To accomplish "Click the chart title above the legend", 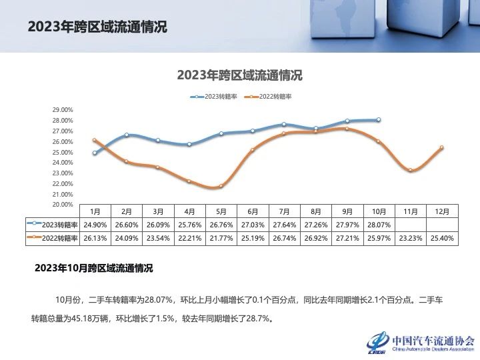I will coord(239,75).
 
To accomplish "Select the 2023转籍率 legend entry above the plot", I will coord(215,97).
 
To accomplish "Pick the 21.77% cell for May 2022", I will coord(221,238).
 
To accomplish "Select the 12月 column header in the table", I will coord(441,211).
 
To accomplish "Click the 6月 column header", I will coord(253,211).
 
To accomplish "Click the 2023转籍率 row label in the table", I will coord(53,225).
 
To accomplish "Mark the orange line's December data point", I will coord(441,148).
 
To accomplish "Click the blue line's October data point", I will coord(379,120).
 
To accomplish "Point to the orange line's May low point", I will coord(221,186).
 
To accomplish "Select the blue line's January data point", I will coord(95,153).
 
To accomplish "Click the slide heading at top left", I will coord(97,27).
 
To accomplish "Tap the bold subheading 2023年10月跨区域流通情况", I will coord(93,269).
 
